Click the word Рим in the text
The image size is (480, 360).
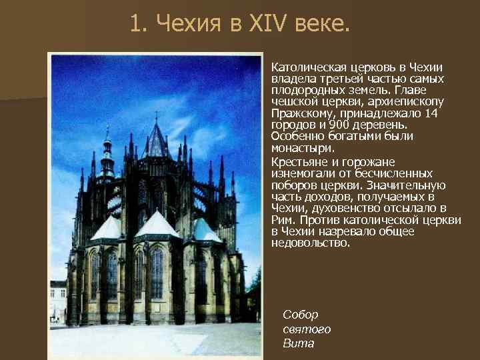pos(284,219)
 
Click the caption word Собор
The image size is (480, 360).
pos(301,315)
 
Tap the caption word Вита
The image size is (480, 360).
pos(298,343)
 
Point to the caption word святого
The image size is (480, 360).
pos(307,329)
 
